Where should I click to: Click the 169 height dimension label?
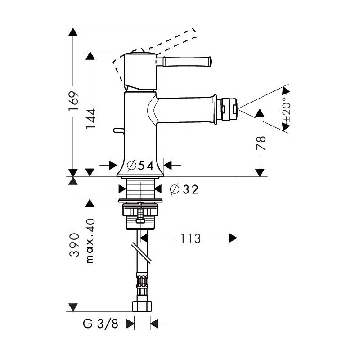point(73,101)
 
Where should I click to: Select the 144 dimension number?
point(91,118)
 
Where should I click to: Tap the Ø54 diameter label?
point(140,165)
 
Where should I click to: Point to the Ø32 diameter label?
point(184,189)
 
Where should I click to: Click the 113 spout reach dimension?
point(190,238)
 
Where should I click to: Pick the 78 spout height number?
point(261,143)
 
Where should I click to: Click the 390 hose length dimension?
point(74,245)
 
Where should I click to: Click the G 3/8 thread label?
point(100,324)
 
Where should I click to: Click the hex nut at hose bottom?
point(142,306)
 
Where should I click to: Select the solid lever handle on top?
point(184,62)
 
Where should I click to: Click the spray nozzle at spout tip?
point(229,109)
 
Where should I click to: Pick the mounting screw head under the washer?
point(140,221)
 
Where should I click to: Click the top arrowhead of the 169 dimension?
point(73,32)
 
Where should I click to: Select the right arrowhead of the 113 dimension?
point(233,238)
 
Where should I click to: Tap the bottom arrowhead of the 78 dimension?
point(260,172)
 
